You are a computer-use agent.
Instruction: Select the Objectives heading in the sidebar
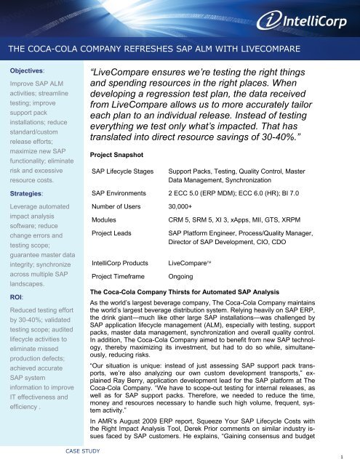pos(24,73)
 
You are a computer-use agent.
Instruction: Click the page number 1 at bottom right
pos(352,457)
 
